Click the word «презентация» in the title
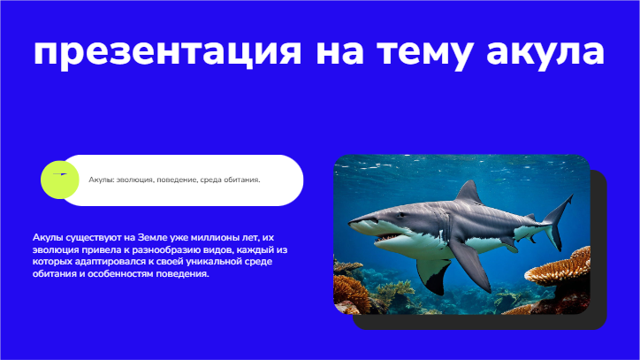pos(167,52)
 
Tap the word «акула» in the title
pos(545,52)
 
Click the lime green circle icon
pos(59,180)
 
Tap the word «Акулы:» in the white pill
pos(102,180)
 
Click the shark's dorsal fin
pos(469,193)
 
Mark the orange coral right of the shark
pos(560,271)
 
